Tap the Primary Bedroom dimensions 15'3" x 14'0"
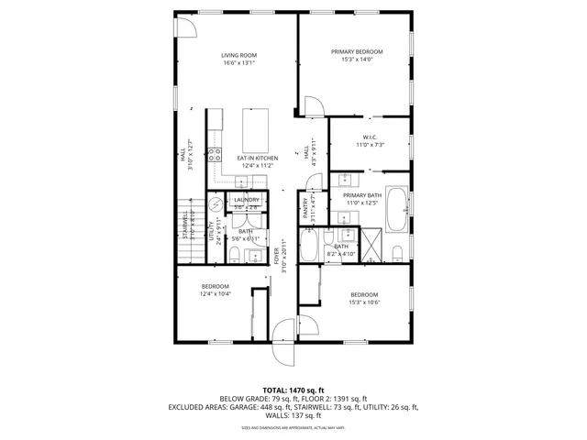tap(357, 60)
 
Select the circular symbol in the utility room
tap(216, 205)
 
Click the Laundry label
tap(246, 199)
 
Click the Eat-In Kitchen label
tap(258, 158)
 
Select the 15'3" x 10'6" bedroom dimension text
tap(364, 302)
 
